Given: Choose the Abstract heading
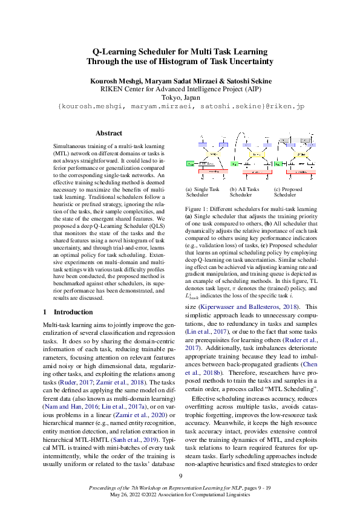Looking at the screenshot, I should click(x=109, y=133).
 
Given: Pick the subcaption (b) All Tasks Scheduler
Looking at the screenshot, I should click(x=244, y=192).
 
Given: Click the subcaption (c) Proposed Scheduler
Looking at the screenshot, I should click(x=288, y=192).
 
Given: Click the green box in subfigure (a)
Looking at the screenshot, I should click(x=189, y=164).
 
